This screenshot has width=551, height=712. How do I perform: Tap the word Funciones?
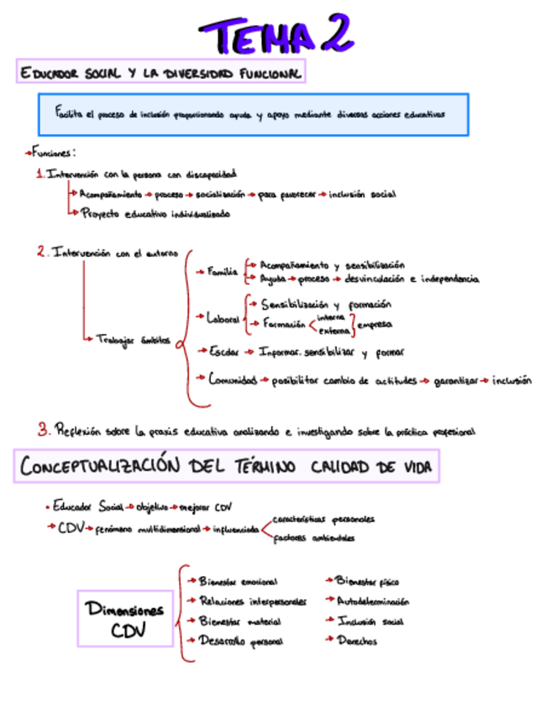[x=53, y=153]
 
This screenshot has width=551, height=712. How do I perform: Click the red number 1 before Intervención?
[x=39, y=174]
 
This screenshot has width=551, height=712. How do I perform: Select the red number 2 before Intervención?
[x=41, y=252]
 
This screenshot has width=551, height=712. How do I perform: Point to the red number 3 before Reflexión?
[x=44, y=429]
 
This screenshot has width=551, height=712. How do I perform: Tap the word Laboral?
[x=223, y=318]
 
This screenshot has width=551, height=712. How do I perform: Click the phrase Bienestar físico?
[x=367, y=580]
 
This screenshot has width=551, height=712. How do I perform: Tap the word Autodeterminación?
[x=373, y=601]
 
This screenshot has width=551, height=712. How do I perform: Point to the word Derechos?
[x=356, y=641]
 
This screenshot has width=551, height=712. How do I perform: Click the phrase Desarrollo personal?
[x=240, y=641]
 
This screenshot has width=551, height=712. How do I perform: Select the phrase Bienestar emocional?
[x=238, y=581]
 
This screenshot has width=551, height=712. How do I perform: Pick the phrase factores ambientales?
[x=314, y=538]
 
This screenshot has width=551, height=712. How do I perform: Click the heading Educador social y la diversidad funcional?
[x=160, y=73]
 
